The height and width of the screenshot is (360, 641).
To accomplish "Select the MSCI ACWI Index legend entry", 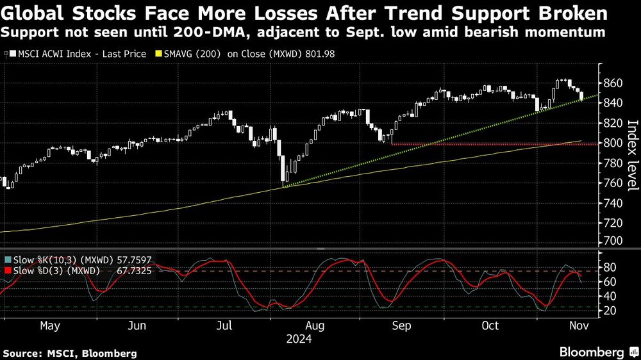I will (x=78, y=54).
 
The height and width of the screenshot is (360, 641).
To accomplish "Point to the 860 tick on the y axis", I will (x=612, y=83).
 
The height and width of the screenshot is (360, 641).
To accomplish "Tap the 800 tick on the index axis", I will (x=612, y=143).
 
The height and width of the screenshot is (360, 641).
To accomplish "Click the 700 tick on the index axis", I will (x=612, y=241).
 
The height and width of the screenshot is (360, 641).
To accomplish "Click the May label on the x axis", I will (x=50, y=326).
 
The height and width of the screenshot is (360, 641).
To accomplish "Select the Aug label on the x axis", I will (x=315, y=326).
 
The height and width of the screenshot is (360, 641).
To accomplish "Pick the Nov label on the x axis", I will (x=579, y=326).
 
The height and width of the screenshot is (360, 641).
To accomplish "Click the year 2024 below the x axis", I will (x=299, y=339).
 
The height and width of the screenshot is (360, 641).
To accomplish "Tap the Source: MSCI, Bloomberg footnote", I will (x=70, y=353).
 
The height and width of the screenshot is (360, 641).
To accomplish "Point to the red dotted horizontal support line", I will (x=481, y=144).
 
